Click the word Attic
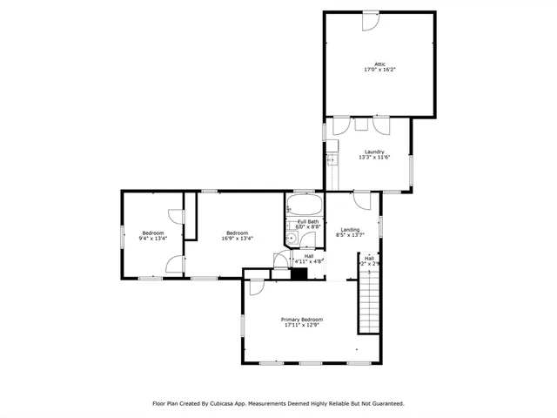click(379, 64)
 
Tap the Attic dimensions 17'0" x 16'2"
click(379, 70)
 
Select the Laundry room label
click(374, 152)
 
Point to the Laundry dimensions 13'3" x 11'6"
click(374, 158)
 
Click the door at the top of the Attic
click(371, 18)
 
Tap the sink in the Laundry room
click(330, 160)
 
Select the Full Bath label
click(308, 222)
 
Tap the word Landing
click(349, 229)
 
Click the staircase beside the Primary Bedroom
click(370, 300)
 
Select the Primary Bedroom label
click(301, 320)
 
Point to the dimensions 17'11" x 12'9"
click(301, 326)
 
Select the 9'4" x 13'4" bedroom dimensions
click(153, 239)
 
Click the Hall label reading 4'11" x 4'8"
click(309, 259)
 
